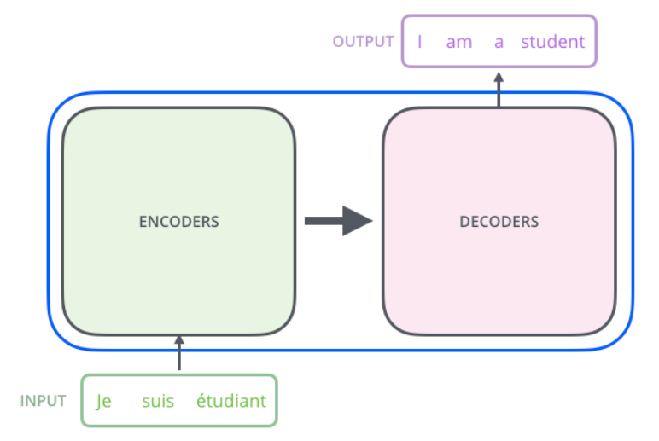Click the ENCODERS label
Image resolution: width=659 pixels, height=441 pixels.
tap(178, 222)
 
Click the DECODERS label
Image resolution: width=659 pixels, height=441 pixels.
tap(499, 222)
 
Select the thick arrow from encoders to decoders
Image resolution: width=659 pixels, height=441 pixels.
tap(338, 221)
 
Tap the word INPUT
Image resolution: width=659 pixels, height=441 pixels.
tap(44, 401)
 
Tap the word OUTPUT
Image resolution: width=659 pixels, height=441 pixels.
tap(364, 41)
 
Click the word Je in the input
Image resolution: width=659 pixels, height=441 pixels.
tap(104, 401)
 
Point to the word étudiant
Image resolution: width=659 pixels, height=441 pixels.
tap(231, 401)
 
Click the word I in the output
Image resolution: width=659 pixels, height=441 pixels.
tap(420, 41)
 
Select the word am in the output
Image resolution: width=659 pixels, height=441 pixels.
tap(458, 41)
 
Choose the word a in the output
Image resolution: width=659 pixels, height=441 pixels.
tap(499, 41)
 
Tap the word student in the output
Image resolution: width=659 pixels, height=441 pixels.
tap(553, 41)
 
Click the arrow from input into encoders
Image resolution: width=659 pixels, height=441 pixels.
tap(179, 353)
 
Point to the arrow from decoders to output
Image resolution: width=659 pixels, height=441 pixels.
tap(499, 89)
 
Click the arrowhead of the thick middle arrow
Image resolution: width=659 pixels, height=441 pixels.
tap(359, 221)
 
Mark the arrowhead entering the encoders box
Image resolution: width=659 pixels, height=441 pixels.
tap(179, 340)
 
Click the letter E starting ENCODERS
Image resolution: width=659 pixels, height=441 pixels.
tap(143, 222)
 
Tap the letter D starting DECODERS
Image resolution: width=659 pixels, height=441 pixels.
tap(464, 222)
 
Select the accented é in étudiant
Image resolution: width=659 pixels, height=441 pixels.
tap(201, 401)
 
